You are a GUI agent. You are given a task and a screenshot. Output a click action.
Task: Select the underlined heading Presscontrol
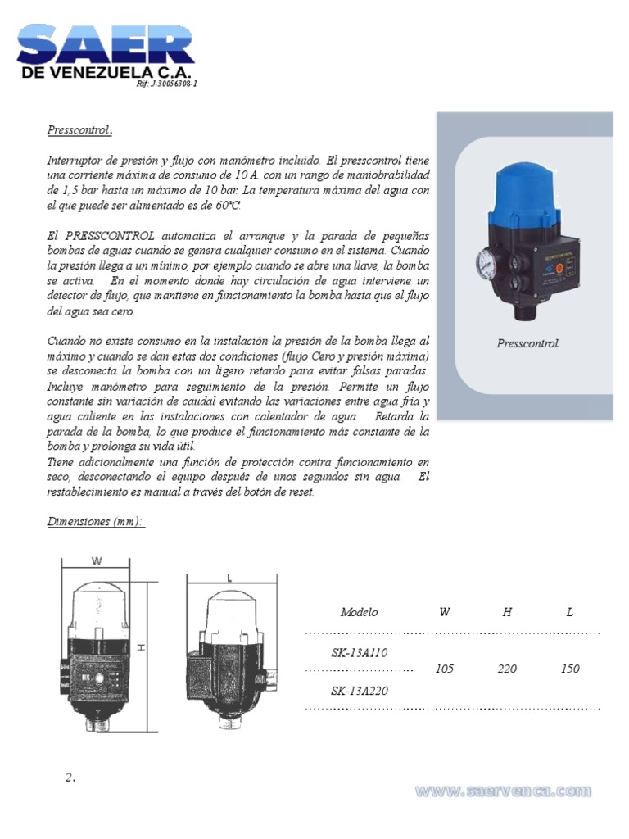pyautogui.click(x=78, y=130)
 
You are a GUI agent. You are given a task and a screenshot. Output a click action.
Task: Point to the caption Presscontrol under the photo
pyautogui.click(x=527, y=343)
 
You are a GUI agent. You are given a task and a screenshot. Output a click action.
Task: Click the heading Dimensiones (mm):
pyautogui.click(x=94, y=521)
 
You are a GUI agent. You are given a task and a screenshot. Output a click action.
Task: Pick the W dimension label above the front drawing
pyautogui.click(x=97, y=561)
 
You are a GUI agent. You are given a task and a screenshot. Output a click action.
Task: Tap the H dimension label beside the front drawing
pyautogui.click(x=141, y=646)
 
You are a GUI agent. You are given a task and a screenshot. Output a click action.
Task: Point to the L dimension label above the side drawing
pyautogui.click(x=229, y=577)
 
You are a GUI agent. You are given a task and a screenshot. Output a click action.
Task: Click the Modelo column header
pyautogui.click(x=359, y=612)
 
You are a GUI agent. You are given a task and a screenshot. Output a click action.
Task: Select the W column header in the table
pyautogui.click(x=445, y=612)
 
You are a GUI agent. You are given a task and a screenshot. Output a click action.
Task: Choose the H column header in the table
pyautogui.click(x=507, y=612)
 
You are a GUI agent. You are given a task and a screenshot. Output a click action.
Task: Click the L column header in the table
pyautogui.click(x=570, y=612)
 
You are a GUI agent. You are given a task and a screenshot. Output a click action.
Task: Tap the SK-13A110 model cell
pyautogui.click(x=359, y=652)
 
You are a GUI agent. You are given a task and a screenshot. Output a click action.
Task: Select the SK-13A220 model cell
pyautogui.click(x=359, y=691)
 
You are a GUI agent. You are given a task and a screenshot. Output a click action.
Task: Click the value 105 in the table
pyautogui.click(x=445, y=669)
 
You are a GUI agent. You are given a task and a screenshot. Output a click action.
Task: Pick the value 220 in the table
pyautogui.click(x=507, y=669)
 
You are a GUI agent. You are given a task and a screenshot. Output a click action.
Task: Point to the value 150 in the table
pyautogui.click(x=570, y=669)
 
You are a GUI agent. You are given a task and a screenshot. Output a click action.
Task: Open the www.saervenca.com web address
pyautogui.click(x=503, y=791)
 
